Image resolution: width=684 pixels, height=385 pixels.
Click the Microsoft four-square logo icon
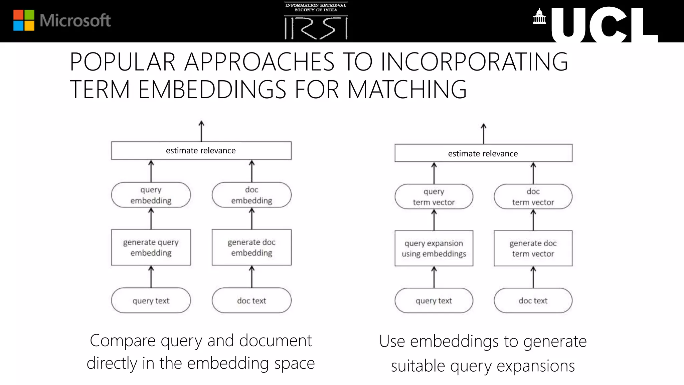(24, 20)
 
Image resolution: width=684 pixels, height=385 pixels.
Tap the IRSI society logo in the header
(316, 21)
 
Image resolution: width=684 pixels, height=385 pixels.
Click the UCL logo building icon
(539, 17)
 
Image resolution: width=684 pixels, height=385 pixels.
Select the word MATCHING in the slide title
(407, 90)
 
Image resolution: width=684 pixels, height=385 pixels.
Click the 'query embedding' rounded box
(151, 195)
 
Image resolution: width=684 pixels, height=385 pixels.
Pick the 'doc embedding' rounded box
(251, 195)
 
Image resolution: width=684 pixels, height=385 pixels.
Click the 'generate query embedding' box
(151, 247)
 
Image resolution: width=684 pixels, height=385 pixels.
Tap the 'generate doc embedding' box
(251, 247)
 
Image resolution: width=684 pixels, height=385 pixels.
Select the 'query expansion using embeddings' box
(434, 248)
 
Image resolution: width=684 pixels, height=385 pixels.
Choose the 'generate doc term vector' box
(533, 248)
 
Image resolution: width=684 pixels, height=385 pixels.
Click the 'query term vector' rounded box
(434, 197)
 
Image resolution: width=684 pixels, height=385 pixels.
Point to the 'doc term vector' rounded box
(533, 197)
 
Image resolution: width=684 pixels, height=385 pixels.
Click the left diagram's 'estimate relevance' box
(201, 151)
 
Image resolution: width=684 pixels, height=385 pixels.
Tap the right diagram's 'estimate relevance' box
(483, 153)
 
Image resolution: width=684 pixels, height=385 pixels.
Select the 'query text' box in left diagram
(151, 300)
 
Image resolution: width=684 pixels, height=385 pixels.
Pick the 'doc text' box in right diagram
(533, 300)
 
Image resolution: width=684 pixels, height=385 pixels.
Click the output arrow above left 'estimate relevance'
(201, 131)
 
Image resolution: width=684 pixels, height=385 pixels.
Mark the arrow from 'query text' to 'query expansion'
(434, 277)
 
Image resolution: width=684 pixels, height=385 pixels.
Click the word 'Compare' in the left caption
(123, 341)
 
